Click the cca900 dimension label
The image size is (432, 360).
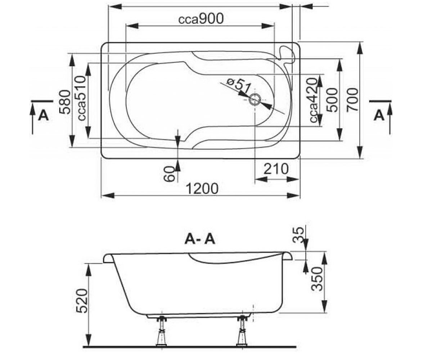(201, 19)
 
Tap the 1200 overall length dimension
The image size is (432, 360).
(202, 189)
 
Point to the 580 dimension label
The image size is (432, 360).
(65, 102)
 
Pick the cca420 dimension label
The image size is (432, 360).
(314, 100)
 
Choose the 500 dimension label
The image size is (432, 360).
(332, 100)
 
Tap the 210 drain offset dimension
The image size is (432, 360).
(276, 169)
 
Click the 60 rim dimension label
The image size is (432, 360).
(170, 174)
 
